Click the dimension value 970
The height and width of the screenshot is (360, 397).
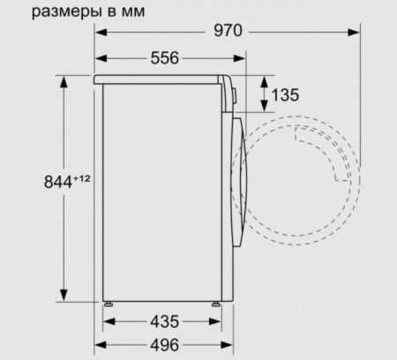click(x=227, y=32)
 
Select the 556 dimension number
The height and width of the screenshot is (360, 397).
click(x=163, y=58)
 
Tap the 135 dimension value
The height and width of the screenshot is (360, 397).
click(x=286, y=94)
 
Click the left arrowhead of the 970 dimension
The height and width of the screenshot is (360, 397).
click(x=101, y=33)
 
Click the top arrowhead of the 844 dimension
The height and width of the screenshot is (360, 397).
click(x=64, y=82)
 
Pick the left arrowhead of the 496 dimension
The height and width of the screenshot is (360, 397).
click(x=101, y=344)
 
